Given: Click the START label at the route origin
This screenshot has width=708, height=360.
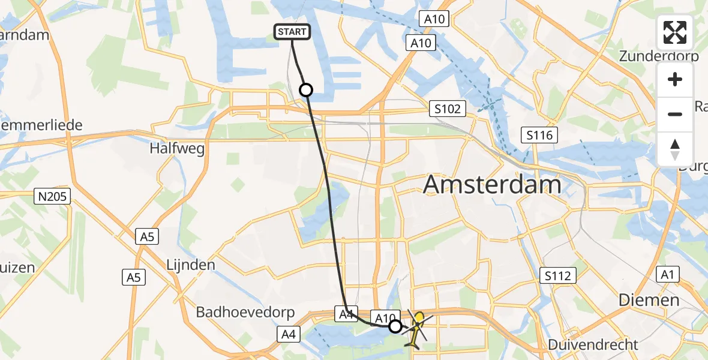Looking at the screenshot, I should click(292, 32).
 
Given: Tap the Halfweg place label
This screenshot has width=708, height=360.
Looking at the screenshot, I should click(178, 148).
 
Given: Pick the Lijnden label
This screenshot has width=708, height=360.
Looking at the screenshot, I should click(191, 265).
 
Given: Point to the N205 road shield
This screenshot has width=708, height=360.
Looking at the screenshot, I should click(53, 196).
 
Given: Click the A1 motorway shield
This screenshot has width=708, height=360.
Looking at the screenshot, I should click(666, 274).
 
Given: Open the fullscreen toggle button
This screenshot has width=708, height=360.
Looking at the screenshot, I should click(675, 32).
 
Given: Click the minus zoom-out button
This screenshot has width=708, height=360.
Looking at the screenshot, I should click(675, 114).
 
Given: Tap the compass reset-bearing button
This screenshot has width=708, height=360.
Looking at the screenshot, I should click(675, 149).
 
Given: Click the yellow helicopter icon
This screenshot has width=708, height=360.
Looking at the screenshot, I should click(416, 328).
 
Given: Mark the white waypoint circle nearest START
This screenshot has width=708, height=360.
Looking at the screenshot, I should click(306, 90).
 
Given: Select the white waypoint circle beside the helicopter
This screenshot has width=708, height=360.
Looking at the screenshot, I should click(395, 326).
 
